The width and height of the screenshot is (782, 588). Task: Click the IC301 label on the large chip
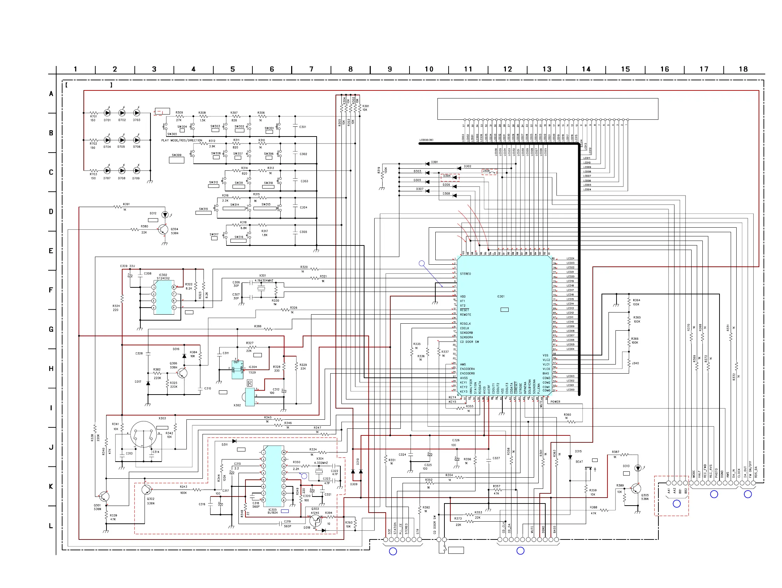[x=501, y=296]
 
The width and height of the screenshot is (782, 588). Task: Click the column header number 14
[x=586, y=69]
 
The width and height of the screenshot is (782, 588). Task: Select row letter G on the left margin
[x=51, y=329]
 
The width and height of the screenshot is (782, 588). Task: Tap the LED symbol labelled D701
[x=107, y=113]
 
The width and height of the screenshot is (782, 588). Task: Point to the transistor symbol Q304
[x=163, y=230]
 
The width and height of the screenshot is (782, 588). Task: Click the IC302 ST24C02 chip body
[x=163, y=297]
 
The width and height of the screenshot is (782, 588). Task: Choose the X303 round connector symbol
[x=143, y=434]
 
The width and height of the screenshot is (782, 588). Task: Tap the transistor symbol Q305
[x=636, y=489]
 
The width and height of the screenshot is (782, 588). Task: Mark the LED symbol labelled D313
[x=638, y=468]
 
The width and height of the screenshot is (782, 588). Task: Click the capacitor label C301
[x=303, y=127]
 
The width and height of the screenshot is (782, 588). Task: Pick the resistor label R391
[x=126, y=204]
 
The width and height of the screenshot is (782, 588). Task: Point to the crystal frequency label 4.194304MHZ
[x=264, y=280]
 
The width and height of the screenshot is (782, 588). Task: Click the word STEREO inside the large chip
[x=465, y=274]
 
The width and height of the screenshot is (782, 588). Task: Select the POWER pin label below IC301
[x=555, y=402]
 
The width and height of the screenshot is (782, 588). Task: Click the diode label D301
[x=434, y=162]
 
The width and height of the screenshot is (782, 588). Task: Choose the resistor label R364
[x=636, y=300]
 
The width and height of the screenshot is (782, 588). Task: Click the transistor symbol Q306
[x=182, y=373]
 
